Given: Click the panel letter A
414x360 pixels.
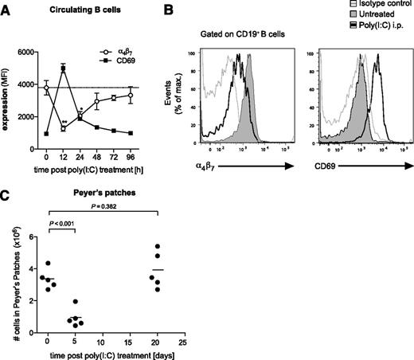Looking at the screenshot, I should tap(7, 8).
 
